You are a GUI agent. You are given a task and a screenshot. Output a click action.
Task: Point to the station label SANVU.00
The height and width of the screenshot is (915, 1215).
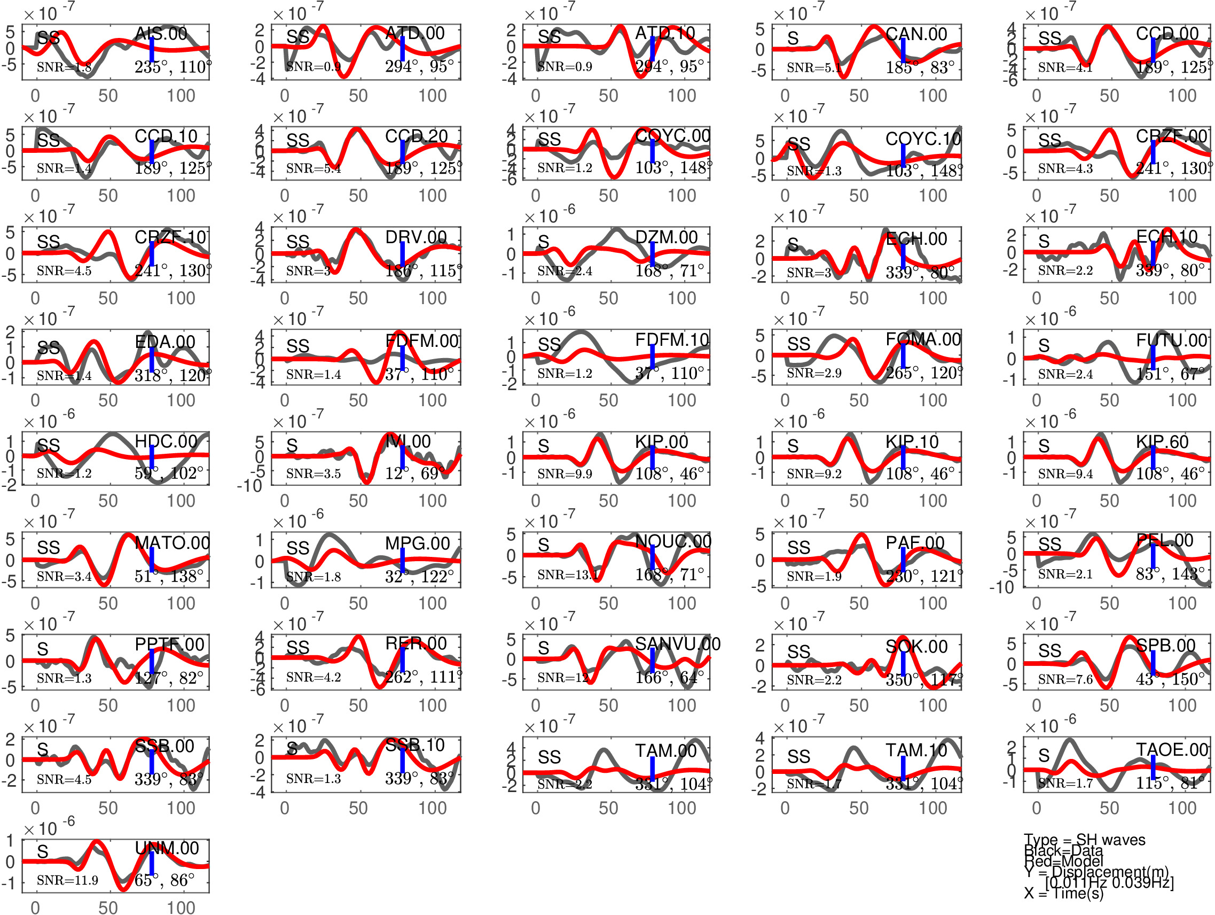click(677, 644)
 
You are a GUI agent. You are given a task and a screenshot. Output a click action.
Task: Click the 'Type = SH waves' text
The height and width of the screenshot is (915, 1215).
click(1084, 840)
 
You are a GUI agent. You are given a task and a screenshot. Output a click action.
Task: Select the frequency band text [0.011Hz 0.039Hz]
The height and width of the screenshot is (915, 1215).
click(1109, 882)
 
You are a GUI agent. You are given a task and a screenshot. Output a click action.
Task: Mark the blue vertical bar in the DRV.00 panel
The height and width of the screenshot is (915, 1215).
click(403, 254)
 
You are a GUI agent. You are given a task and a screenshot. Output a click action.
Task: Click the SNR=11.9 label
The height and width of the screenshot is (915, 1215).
click(67, 880)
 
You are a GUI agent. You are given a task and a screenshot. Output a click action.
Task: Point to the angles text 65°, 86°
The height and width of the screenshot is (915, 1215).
click(165, 880)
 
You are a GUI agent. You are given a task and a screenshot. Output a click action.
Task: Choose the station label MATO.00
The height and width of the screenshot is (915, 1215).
click(172, 543)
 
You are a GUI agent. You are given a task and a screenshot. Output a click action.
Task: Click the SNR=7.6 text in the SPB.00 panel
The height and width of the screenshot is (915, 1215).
click(1065, 679)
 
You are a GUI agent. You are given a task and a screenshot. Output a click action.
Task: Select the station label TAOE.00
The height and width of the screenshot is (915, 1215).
click(1172, 750)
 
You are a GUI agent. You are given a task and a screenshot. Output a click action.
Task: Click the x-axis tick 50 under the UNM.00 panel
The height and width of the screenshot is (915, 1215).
click(108, 908)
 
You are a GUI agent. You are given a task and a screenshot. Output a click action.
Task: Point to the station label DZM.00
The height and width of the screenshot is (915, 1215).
click(667, 237)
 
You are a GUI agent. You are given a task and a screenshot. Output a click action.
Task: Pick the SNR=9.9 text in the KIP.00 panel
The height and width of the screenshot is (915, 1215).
click(565, 474)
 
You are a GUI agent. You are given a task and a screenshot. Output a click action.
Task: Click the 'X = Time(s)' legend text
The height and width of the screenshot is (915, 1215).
click(1063, 893)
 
